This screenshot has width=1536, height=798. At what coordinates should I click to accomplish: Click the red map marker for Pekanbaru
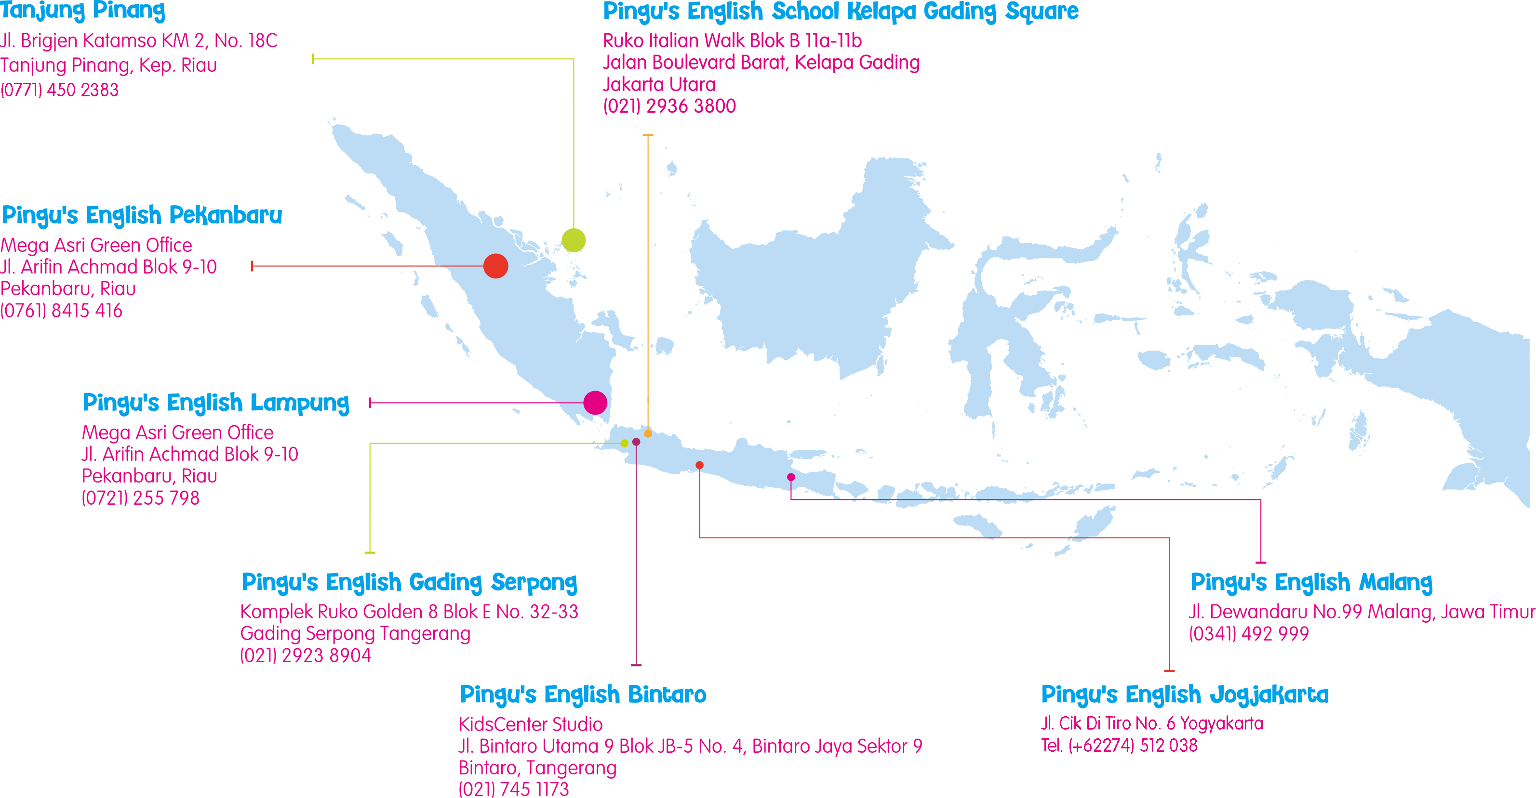tap(495, 266)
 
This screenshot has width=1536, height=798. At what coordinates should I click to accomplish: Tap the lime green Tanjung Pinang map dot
tap(574, 240)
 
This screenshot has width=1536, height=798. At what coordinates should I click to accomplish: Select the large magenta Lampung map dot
tap(595, 403)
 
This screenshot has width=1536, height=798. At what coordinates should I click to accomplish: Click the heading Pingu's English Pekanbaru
tap(142, 215)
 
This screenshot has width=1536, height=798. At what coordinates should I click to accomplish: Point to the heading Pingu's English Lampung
tap(216, 403)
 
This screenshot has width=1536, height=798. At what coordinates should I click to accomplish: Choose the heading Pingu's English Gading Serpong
tap(409, 582)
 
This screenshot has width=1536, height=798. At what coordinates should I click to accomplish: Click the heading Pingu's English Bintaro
tap(583, 695)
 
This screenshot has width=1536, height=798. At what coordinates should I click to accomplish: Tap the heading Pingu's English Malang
tap(1311, 582)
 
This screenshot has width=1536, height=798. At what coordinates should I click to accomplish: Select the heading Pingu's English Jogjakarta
tap(1185, 695)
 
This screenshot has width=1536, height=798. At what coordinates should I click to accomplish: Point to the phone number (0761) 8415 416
tap(61, 311)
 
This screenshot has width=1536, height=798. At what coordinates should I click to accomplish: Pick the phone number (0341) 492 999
tap(1249, 633)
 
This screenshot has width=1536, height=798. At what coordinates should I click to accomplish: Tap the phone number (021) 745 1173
tap(513, 789)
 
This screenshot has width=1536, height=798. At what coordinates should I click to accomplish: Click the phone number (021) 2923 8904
tap(305, 655)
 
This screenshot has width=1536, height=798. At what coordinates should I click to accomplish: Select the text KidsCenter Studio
tap(530, 724)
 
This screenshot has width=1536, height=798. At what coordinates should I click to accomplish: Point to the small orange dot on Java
tap(648, 433)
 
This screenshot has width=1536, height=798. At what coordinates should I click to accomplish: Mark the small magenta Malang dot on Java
tap(791, 477)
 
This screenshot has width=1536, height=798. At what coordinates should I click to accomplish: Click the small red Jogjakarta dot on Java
tap(699, 465)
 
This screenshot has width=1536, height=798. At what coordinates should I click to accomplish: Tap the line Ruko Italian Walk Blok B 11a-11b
tap(732, 40)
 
